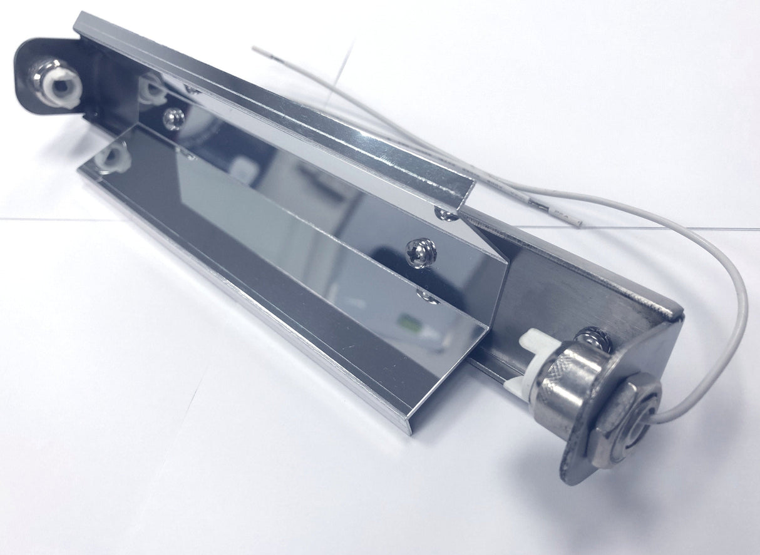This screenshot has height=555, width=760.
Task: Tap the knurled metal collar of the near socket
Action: click(567, 382)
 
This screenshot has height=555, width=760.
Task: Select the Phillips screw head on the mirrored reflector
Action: click(418, 252)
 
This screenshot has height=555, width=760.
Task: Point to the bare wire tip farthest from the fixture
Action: click(255, 48)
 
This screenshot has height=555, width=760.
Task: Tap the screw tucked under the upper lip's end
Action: click(446, 215)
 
